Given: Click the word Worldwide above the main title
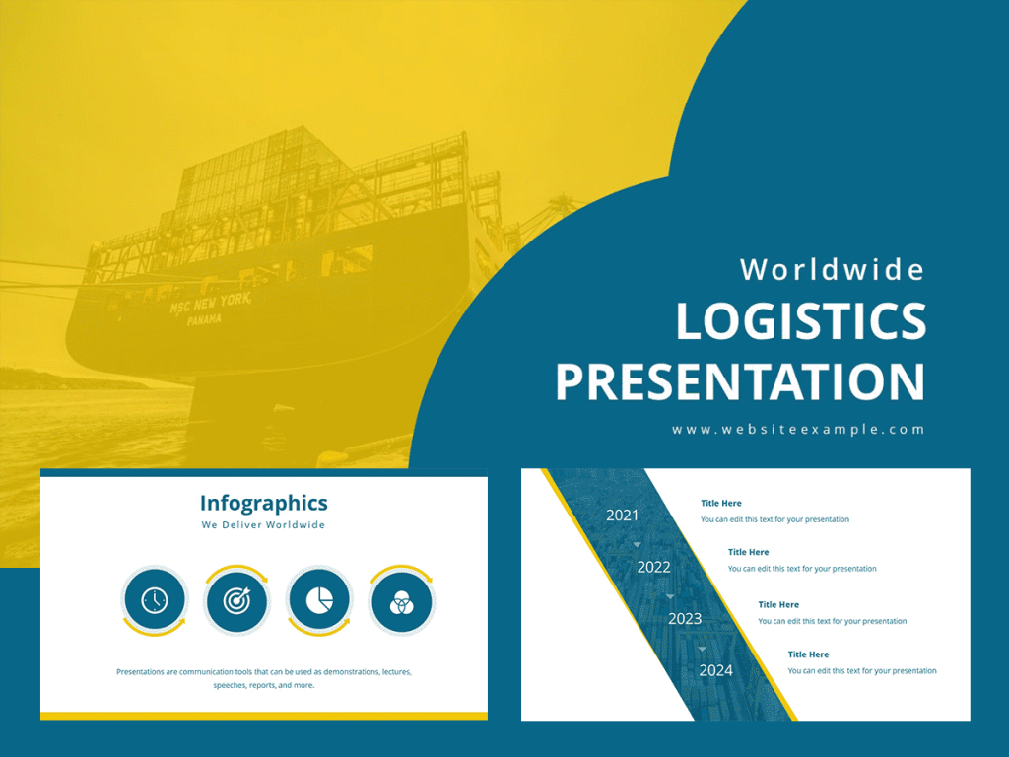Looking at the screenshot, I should [833, 269].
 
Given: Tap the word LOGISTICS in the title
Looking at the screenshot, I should [801, 322].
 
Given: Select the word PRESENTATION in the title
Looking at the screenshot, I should [740, 382].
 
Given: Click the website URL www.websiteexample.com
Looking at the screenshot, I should [798, 430].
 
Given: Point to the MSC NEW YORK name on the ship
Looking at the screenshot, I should [210, 304].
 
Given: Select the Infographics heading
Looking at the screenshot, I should [263, 503].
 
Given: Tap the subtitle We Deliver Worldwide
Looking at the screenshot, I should [263, 525].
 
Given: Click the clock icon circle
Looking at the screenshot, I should [155, 600].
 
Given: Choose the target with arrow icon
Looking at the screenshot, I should [236, 600].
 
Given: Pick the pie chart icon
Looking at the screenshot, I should [319, 600].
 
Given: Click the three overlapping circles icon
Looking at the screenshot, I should [401, 600].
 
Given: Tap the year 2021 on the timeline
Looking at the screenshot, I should [622, 515].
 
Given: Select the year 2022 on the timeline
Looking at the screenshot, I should [653, 567].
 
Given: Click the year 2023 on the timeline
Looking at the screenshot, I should [685, 619].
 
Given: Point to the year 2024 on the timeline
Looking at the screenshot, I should [716, 671].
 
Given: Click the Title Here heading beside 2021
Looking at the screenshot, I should [721, 504].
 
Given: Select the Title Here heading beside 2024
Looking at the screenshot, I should [808, 654].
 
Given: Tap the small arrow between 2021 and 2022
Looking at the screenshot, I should [638, 544].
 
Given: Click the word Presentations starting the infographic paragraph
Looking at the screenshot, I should [140, 672].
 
